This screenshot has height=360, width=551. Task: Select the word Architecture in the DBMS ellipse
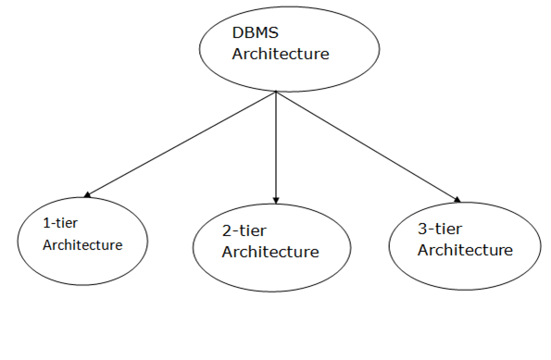280,54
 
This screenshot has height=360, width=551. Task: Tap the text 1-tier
61,225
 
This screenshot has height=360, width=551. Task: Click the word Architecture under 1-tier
82,245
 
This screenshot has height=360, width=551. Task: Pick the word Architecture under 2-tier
270,252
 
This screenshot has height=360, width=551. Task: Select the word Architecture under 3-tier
465,250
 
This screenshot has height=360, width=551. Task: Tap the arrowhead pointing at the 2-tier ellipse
277,199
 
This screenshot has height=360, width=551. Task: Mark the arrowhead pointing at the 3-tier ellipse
455,197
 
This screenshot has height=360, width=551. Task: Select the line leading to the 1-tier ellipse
181,144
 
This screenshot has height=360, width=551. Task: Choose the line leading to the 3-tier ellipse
366,144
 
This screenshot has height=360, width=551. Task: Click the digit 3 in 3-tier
423,229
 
